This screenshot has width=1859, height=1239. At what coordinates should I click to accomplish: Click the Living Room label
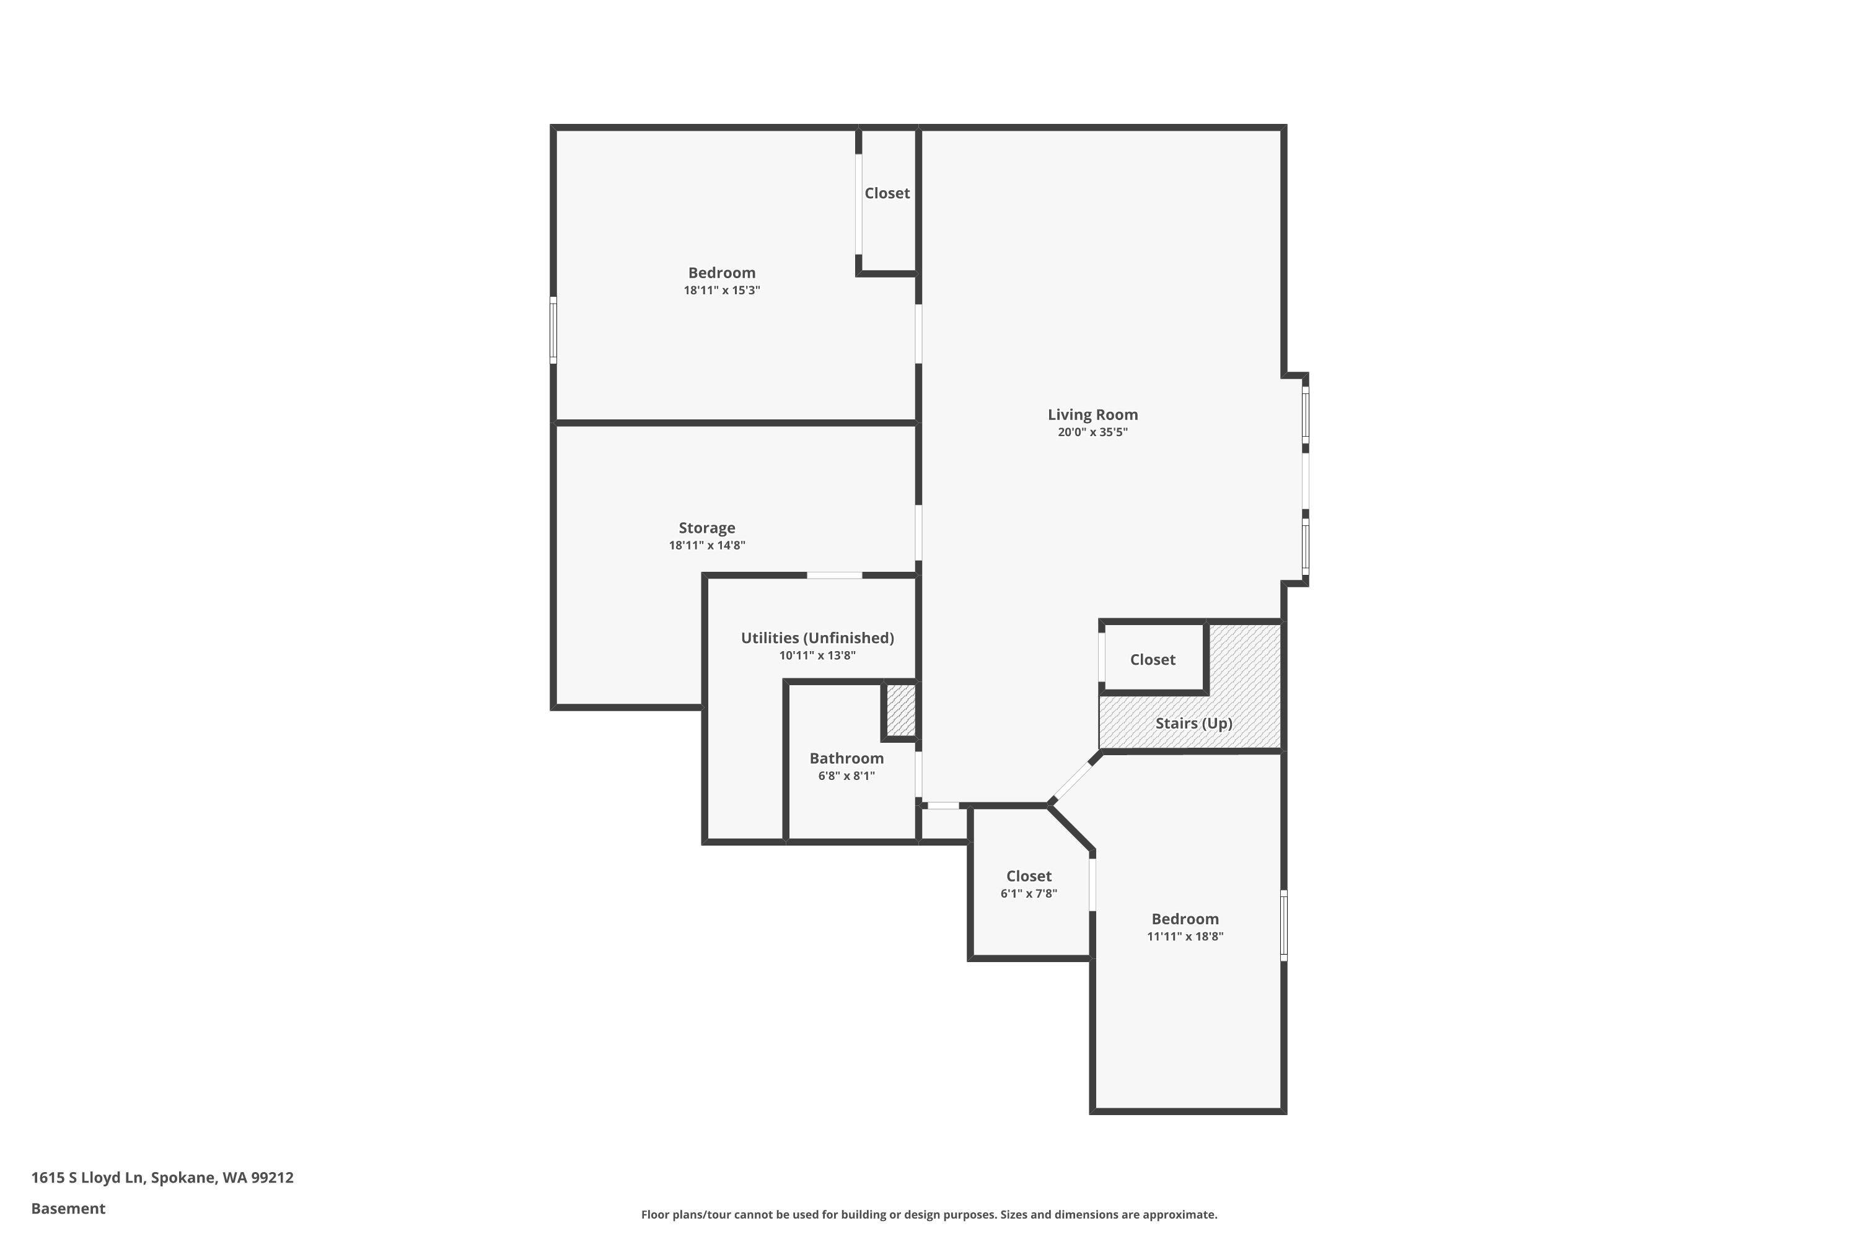click(1092, 414)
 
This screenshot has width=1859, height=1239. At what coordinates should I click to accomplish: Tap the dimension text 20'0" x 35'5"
click(1092, 432)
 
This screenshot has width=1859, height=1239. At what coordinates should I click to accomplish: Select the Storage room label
click(706, 528)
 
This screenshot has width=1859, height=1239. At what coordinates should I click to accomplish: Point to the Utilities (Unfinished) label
click(817, 637)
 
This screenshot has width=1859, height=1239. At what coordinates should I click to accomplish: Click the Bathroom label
click(846, 758)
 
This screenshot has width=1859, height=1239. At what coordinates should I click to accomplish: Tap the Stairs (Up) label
click(1193, 723)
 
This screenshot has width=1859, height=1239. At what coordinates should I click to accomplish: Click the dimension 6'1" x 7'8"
click(1028, 894)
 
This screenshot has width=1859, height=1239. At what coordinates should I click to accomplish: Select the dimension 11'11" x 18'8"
click(1184, 936)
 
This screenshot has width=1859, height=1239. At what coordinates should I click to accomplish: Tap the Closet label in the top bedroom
click(886, 193)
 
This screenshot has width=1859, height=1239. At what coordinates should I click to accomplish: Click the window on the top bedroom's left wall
click(553, 330)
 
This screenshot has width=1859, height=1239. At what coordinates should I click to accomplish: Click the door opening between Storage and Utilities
click(834, 576)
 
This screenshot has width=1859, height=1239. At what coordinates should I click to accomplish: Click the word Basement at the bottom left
click(68, 1208)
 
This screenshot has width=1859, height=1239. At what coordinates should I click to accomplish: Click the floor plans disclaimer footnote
click(929, 1214)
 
